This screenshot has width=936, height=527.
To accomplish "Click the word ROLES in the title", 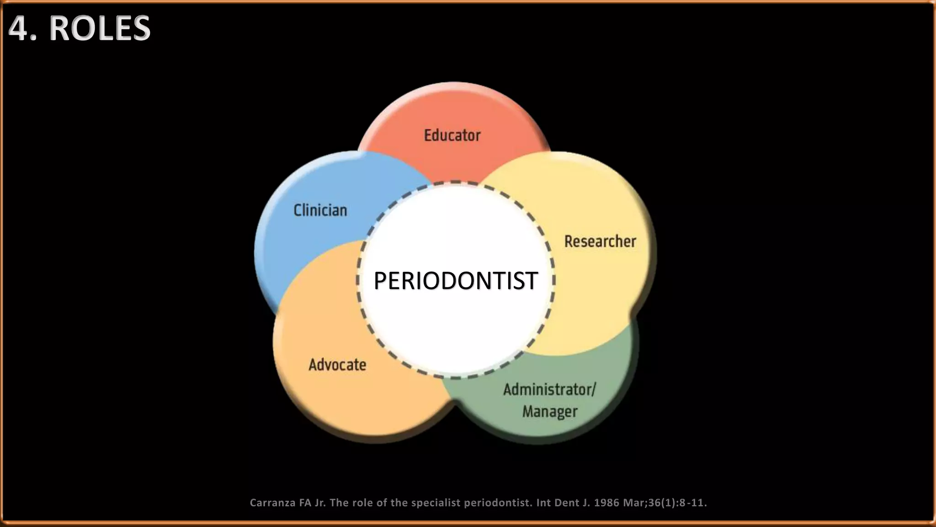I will [100, 28].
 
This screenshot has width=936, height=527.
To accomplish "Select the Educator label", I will [452, 135].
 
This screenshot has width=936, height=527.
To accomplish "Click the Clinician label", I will [320, 210].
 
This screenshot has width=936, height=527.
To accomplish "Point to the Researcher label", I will [600, 242].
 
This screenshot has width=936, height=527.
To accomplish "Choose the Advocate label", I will [337, 365].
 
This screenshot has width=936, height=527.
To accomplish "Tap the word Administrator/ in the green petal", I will [549, 390].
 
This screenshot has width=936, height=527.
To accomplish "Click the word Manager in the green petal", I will [550, 411].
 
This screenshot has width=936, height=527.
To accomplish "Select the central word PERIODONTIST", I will [455, 280].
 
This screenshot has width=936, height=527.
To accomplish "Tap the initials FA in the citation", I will [305, 503].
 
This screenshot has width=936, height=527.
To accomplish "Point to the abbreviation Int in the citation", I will [543, 503].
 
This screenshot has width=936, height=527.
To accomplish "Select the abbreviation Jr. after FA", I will [320, 503].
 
